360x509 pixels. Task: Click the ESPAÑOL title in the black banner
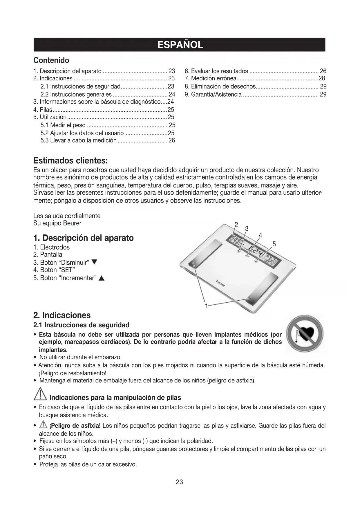coord(180,45)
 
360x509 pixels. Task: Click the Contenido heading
coord(51,60)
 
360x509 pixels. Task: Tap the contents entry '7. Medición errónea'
coord(211,78)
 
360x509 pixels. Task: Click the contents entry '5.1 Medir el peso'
coord(63,125)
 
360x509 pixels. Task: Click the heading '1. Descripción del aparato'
coord(84,238)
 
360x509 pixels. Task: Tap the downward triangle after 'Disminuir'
coord(94,263)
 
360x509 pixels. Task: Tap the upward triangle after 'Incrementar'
coord(101,279)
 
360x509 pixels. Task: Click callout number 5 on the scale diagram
coord(274,244)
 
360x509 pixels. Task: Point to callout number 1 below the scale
coord(206,306)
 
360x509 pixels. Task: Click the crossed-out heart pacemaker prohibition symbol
coord(305,334)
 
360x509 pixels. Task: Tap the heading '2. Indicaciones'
coord(62,315)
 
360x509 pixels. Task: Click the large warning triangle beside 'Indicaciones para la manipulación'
coord(40,395)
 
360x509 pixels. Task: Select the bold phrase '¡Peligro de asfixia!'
coord(75,426)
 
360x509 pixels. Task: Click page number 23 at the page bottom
coord(179,482)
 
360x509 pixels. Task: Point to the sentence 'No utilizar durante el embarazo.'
coord(80,357)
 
